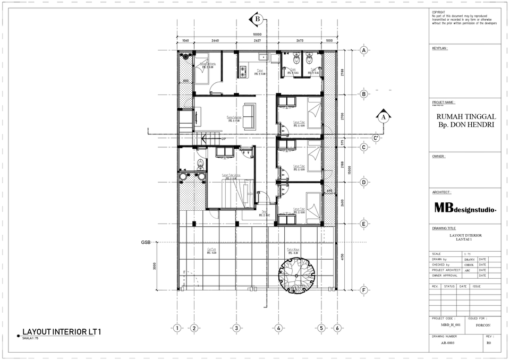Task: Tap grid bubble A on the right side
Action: point(364,50)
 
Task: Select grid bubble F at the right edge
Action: point(364,290)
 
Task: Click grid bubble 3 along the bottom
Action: point(235,328)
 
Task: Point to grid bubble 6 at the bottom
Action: point(337,328)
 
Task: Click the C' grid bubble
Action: point(376,138)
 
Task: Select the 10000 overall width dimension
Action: point(257,35)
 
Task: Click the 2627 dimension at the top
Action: point(257,40)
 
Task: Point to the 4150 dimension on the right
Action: point(342,257)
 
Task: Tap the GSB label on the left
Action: point(146,242)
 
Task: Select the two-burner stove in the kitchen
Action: point(244,71)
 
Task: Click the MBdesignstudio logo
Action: point(465,208)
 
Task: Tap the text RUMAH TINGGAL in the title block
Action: point(466,117)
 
